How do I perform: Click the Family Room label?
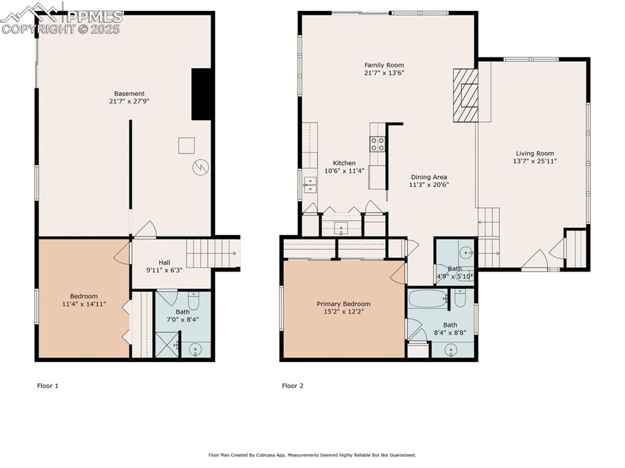[x=384, y=65]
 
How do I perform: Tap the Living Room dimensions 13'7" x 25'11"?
[x=535, y=161]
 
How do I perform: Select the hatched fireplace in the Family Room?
[x=465, y=95]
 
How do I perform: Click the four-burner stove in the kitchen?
[x=378, y=144]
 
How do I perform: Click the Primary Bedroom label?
[x=343, y=304]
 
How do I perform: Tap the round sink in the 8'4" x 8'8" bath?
[x=451, y=349]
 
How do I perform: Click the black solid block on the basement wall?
[x=202, y=94]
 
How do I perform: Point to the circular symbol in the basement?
[x=201, y=167]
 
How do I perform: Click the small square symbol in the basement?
[x=186, y=146]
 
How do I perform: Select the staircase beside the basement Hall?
[x=211, y=253]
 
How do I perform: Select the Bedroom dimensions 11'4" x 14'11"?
[x=84, y=303]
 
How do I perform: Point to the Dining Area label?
[x=428, y=177]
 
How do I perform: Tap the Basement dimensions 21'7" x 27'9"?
[x=129, y=101]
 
